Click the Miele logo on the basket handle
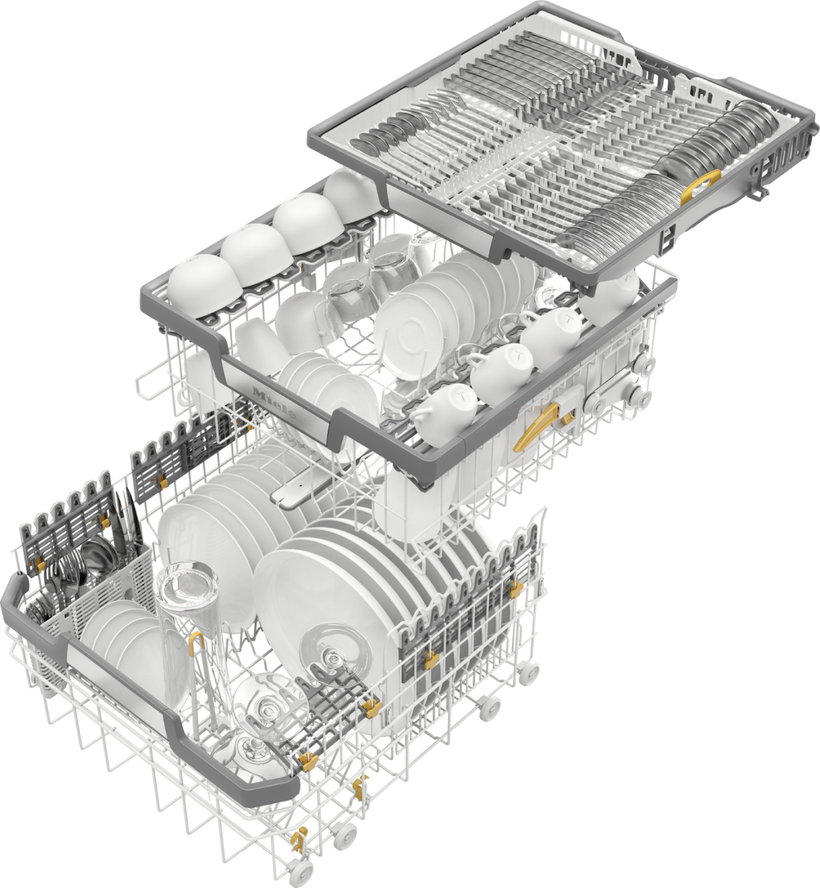[x=274, y=403]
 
